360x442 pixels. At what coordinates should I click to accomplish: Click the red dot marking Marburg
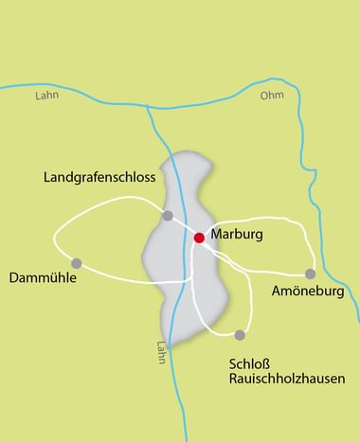199,238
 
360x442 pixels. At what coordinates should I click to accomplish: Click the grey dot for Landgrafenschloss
168,216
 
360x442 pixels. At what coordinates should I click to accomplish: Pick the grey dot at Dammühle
77,263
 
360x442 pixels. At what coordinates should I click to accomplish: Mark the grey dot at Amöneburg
310,274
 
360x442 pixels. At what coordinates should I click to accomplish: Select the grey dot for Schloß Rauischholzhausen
240,335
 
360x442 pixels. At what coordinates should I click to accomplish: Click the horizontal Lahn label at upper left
45,96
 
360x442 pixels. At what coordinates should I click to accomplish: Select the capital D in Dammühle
13,278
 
